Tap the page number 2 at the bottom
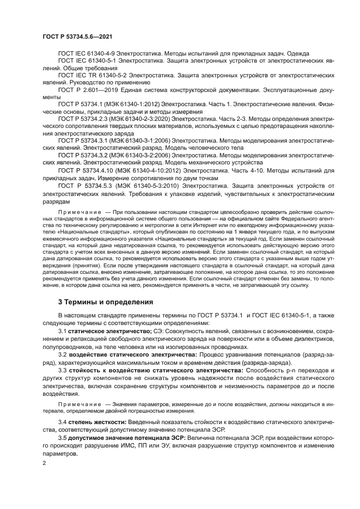point(44,463)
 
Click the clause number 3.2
point(63,354)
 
